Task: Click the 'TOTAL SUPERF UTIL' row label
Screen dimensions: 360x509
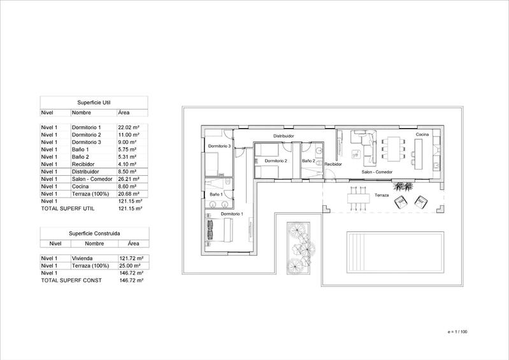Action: coord(66,208)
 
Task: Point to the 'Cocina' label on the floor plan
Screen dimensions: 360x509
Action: coord(422,135)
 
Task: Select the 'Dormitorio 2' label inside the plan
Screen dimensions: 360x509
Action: coord(276,161)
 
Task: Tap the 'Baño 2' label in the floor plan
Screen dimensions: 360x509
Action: coord(309,161)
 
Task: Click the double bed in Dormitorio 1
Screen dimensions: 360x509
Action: coord(213,230)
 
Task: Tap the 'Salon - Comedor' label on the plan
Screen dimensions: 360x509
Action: coord(376,173)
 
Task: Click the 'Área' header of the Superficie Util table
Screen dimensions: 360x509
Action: coord(124,112)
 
